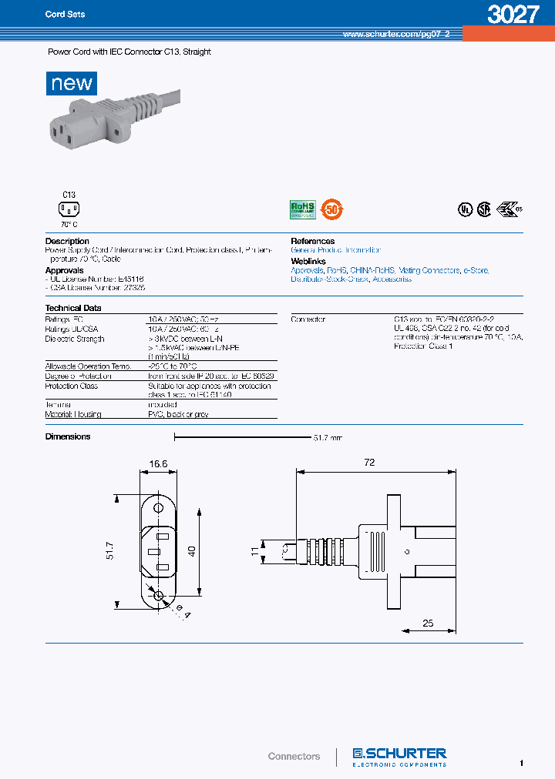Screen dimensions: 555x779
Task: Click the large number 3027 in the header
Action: tap(512, 15)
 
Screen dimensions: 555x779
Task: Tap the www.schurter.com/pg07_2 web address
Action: tap(390, 35)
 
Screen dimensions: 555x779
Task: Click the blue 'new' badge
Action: tap(72, 83)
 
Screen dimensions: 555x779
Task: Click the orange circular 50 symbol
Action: tap(332, 208)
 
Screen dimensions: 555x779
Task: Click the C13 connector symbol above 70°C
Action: tap(69, 209)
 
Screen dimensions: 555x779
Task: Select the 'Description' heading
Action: tap(67, 241)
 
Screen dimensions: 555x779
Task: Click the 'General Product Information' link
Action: tap(335, 250)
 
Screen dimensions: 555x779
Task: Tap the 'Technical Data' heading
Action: tap(73, 308)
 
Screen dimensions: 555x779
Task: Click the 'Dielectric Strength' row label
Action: tap(75, 339)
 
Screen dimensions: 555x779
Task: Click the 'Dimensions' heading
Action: tap(68, 436)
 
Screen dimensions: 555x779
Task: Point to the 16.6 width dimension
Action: tap(159, 464)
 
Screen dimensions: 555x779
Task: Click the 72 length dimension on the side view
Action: tap(369, 463)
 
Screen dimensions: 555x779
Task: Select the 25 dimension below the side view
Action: tap(427, 623)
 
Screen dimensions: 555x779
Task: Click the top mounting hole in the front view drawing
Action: tap(160, 508)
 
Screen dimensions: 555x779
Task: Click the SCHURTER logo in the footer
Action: tap(399, 755)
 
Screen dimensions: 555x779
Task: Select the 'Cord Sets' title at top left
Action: tap(65, 15)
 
